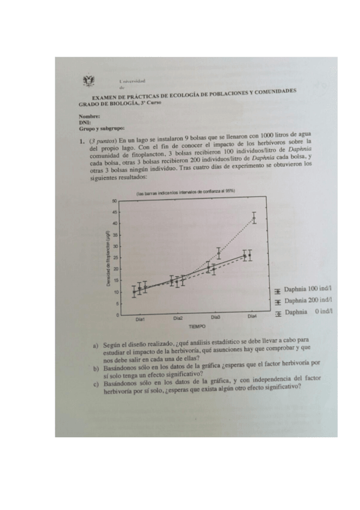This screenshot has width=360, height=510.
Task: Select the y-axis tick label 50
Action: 114,201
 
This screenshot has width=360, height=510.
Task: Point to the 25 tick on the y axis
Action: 114,258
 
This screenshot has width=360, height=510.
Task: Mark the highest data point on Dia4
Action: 254,218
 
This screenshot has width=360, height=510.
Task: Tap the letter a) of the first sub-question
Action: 96,346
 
